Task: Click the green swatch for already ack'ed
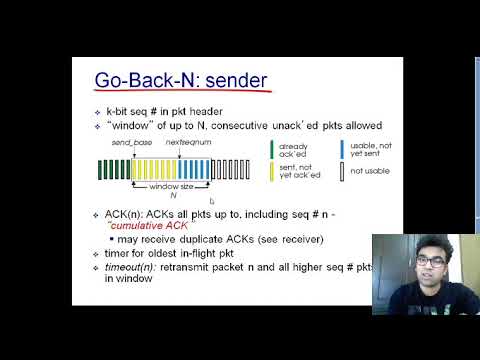(x=273, y=150)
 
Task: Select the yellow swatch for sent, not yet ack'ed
(x=273, y=173)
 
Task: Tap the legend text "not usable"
(x=370, y=172)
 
